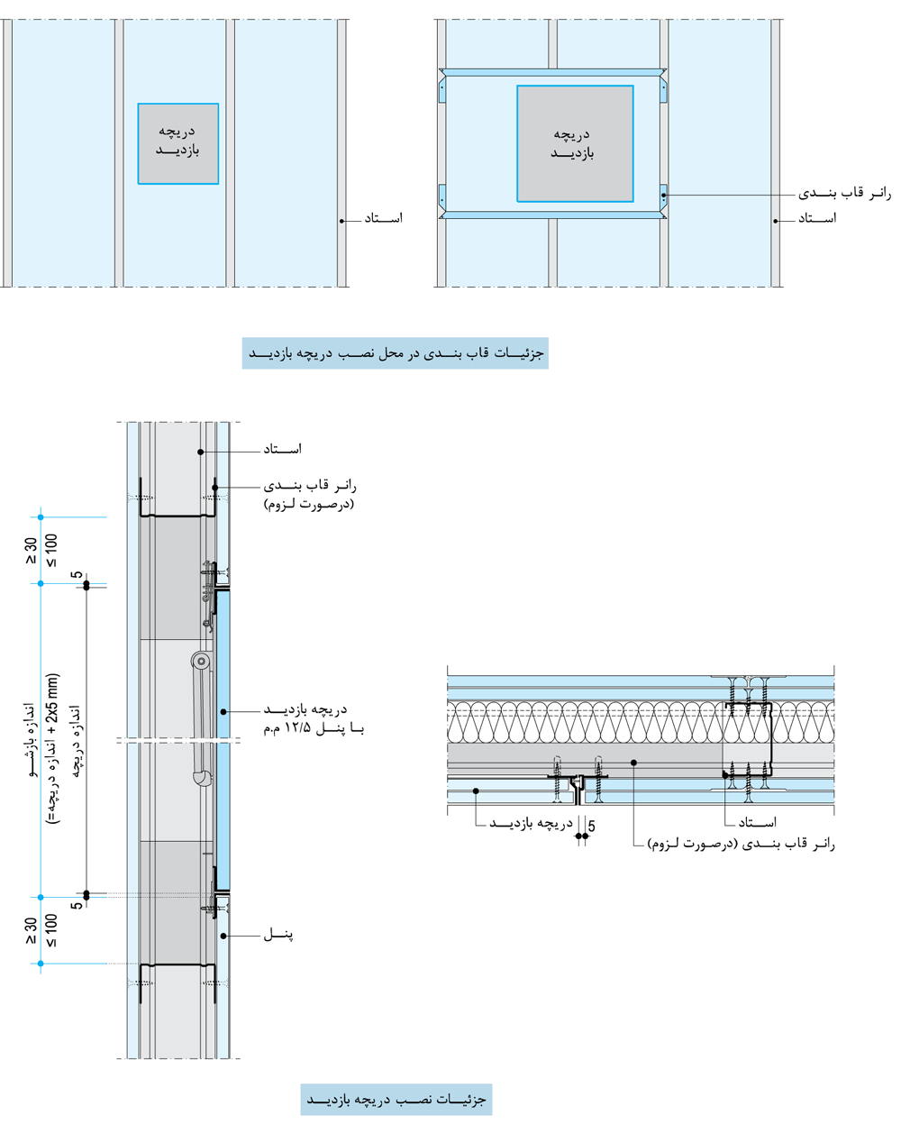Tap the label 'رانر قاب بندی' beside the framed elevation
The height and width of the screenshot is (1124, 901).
click(x=846, y=194)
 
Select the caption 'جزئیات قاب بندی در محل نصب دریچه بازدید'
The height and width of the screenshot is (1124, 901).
click(x=396, y=353)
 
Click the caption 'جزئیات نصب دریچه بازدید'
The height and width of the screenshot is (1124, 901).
click(x=396, y=1101)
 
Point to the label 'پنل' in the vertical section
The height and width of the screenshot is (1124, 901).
click(x=278, y=936)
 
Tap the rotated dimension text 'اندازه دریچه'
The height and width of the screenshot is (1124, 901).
click(x=76, y=740)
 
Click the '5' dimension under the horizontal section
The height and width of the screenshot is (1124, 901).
click(x=591, y=825)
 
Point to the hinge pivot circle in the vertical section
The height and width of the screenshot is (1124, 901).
click(x=201, y=662)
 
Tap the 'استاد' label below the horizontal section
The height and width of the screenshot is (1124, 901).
click(x=757, y=822)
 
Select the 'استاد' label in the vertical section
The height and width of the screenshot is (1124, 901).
click(x=282, y=449)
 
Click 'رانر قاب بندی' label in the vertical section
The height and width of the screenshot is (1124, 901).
click(x=312, y=487)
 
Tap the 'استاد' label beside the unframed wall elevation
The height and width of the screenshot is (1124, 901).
click(x=383, y=218)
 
